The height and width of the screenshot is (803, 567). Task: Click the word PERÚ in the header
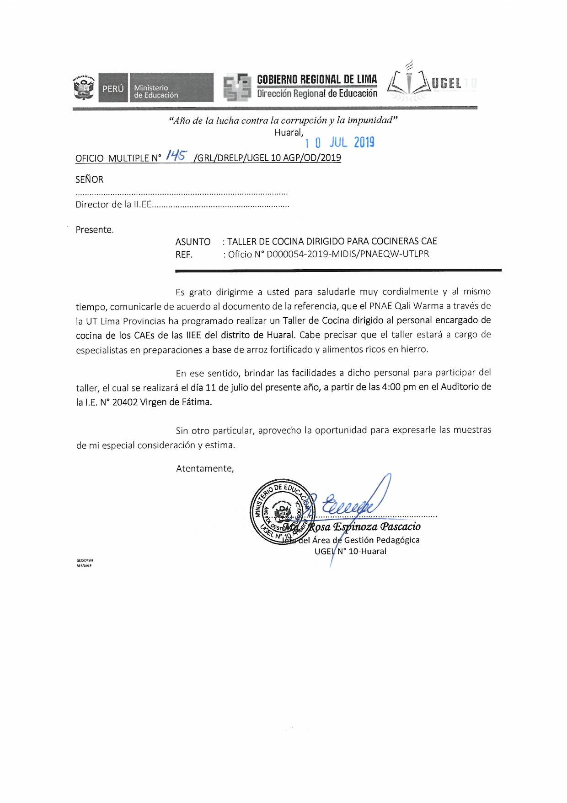[113, 89]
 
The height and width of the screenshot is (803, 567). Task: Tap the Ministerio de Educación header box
[171, 87]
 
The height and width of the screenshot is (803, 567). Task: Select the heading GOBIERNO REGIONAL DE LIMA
[317, 79]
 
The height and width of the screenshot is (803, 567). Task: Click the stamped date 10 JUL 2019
[340, 143]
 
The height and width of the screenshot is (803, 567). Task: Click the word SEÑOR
[89, 179]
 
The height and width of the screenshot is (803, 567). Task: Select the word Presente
[94, 230]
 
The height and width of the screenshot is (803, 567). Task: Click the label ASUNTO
[193, 242]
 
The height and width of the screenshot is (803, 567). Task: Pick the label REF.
[184, 255]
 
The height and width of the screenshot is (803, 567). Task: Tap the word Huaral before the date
[289, 132]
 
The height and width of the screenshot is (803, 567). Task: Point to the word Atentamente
[205, 468]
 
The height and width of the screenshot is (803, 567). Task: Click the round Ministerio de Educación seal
[281, 512]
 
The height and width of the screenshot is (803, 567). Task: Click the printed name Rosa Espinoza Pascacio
[364, 526]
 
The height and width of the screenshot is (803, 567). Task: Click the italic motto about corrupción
[283, 120]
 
